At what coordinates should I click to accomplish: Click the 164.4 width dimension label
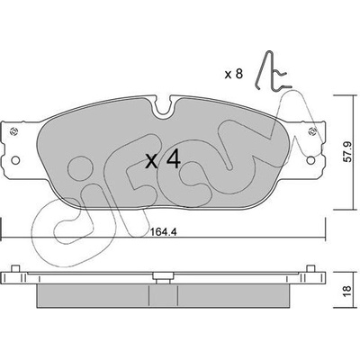click(164, 232)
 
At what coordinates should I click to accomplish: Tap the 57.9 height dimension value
click(347, 152)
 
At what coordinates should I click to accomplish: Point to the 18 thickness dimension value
click(346, 290)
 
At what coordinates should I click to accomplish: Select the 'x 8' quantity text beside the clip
click(234, 74)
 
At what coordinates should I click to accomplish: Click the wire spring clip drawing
click(272, 71)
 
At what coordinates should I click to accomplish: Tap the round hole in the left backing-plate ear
click(15, 160)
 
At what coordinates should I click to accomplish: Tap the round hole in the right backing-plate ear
click(311, 160)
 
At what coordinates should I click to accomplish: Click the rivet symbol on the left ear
click(13, 131)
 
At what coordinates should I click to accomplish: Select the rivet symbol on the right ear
click(312, 131)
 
